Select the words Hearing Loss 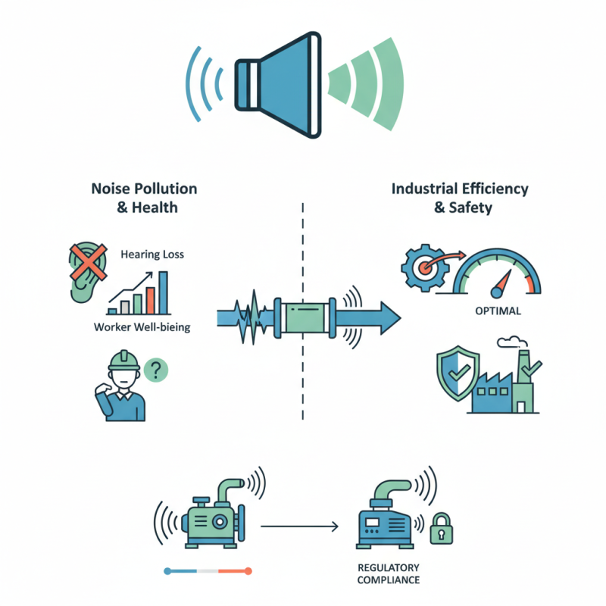point(152,255)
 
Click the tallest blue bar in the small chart point(163,292)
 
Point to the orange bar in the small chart point(150,300)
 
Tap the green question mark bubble point(155,370)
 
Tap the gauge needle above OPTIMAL point(498,286)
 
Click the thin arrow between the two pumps point(298,523)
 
